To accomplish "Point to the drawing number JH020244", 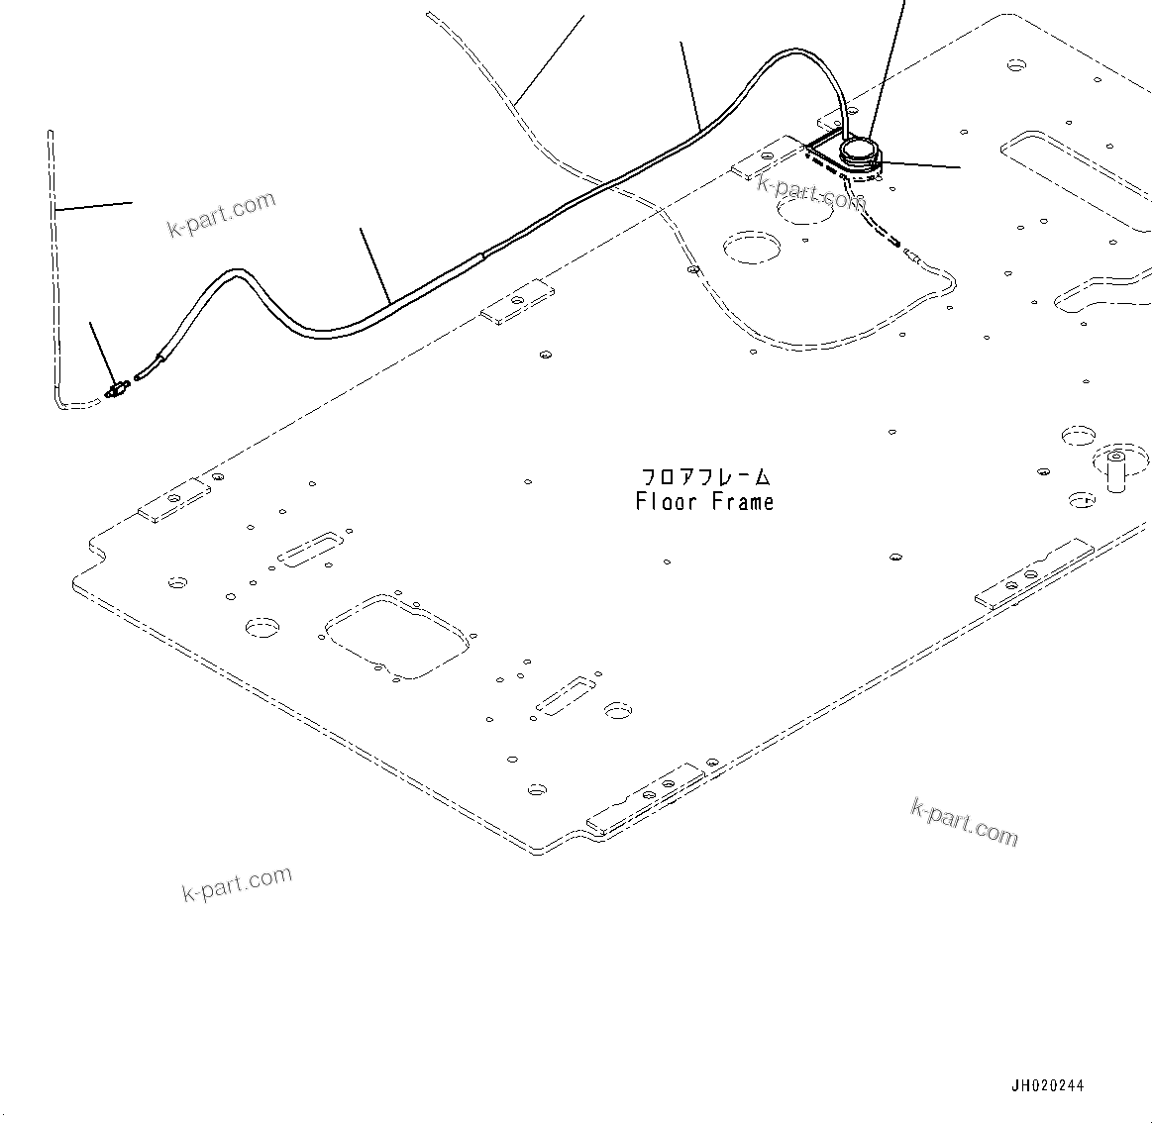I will (x=1047, y=1085).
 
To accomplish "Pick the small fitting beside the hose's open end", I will (x=118, y=389).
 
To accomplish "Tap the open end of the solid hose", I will (x=146, y=374).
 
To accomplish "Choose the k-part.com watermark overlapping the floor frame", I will (x=810, y=191).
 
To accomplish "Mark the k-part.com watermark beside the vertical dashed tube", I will (x=221, y=214).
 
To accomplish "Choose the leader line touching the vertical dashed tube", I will (x=94, y=206).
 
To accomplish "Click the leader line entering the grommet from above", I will (x=886, y=69).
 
